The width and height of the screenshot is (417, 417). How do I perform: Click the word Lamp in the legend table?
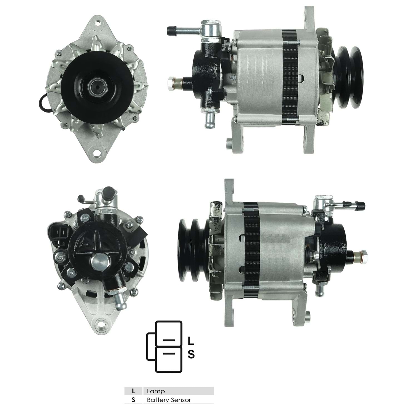click(x=156, y=391)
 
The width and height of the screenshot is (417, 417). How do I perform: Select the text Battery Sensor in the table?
click(x=169, y=400)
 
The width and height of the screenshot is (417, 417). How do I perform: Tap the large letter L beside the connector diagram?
click(x=191, y=341)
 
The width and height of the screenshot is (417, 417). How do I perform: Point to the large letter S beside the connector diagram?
click(x=191, y=354)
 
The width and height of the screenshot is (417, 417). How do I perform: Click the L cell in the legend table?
click(x=133, y=391)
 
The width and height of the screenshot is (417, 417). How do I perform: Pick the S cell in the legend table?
click(x=133, y=400)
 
